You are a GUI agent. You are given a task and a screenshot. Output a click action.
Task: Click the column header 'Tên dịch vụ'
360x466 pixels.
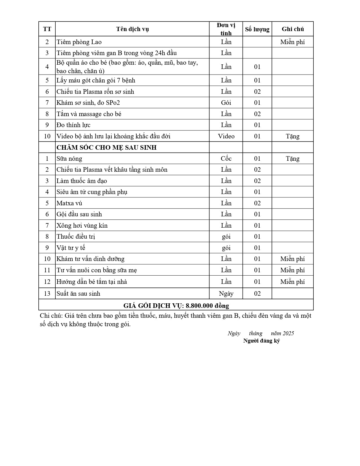point(132,29)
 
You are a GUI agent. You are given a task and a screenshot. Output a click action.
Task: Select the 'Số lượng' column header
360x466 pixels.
point(257,29)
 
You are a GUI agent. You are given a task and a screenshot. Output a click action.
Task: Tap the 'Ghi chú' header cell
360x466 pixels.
point(293,29)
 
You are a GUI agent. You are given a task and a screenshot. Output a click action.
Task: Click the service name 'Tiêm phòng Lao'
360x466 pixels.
point(79,42)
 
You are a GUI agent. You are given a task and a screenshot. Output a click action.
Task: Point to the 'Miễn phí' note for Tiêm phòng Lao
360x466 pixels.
point(293,42)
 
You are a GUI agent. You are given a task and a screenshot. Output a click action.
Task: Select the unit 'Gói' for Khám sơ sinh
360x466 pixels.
point(226,103)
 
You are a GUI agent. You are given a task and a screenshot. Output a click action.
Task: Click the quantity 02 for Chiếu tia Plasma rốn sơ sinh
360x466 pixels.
point(257,92)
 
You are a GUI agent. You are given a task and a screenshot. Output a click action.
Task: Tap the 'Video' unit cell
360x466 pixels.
point(226,136)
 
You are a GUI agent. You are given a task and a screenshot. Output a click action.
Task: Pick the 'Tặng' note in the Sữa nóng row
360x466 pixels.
point(293,158)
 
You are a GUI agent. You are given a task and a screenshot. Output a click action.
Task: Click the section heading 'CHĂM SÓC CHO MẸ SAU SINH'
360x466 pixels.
point(106,147)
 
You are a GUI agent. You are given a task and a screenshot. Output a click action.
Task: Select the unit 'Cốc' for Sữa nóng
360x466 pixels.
point(226,158)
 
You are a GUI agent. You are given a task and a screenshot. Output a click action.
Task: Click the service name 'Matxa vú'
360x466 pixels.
point(69,203)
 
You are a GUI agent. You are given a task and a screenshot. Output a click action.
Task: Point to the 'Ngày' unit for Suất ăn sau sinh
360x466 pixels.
point(226,293)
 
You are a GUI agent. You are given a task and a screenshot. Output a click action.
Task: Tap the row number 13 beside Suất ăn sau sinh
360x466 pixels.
point(47,293)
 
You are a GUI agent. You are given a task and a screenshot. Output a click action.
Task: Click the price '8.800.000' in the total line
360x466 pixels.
point(199,306)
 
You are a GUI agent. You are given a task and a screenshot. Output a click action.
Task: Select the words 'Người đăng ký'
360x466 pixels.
point(261,341)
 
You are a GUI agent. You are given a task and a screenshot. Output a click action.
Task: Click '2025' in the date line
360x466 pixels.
point(288,333)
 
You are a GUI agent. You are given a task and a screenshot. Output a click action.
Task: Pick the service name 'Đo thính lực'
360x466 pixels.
point(73,125)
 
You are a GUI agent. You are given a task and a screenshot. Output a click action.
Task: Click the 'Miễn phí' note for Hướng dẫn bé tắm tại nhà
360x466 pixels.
point(293,282)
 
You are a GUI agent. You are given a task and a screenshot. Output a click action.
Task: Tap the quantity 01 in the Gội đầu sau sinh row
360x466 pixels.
point(257,214)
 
